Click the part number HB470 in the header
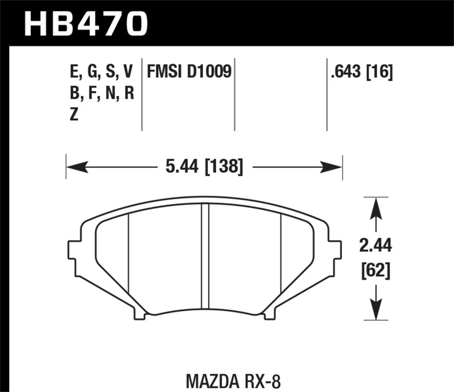85,24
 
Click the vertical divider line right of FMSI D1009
234,94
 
